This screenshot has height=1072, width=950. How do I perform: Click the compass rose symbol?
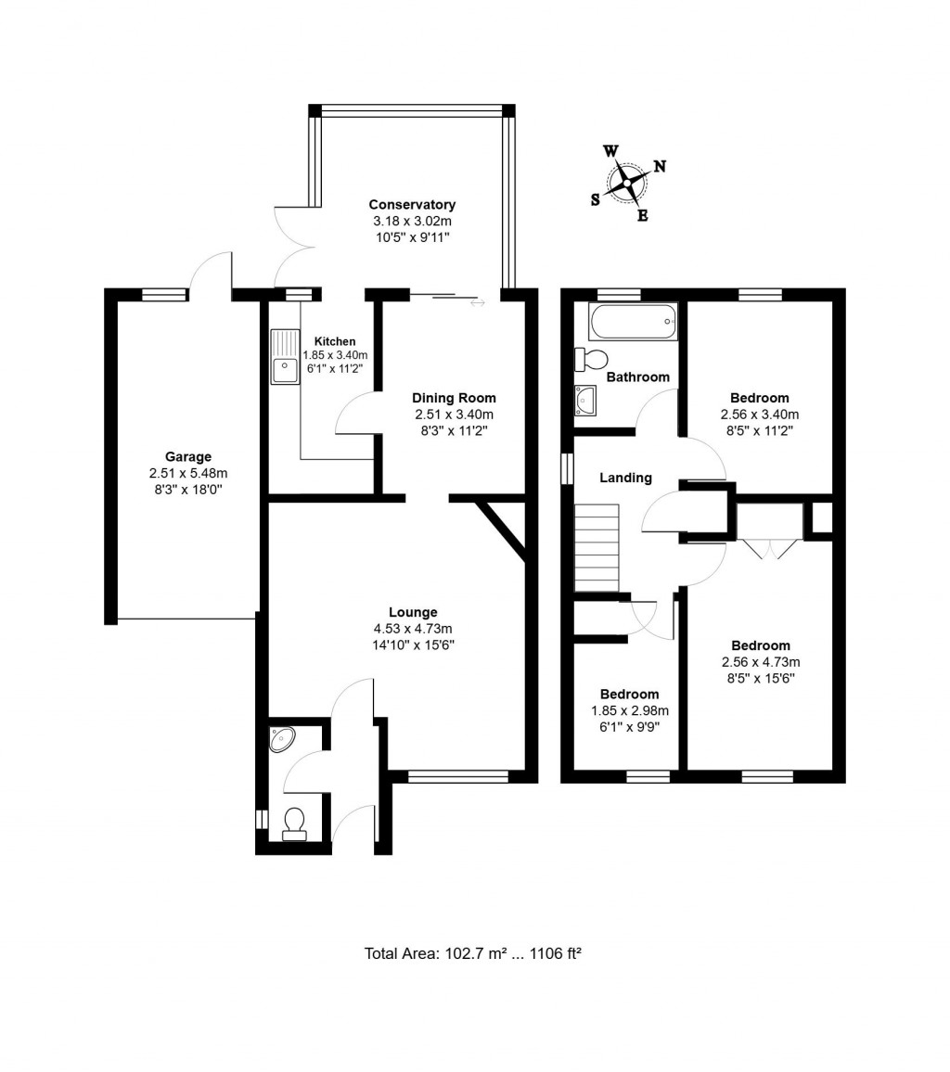[628, 182]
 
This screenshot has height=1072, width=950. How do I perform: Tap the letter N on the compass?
[660, 167]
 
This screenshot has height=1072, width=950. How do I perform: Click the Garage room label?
[188, 456]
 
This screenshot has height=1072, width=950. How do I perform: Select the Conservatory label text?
[412, 205]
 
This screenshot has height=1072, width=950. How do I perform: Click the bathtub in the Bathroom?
[633, 321]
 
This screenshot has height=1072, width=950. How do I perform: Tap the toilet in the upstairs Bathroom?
[591, 359]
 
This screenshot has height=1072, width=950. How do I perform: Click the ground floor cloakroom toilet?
[294, 823]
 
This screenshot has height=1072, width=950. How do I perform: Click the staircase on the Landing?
[596, 547]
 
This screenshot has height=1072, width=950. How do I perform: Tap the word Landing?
[625, 478]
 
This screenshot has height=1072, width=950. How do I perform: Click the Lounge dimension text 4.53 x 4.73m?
[413, 629]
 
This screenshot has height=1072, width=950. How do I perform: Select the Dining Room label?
[454, 398]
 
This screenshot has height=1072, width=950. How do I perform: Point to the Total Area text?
[472, 953]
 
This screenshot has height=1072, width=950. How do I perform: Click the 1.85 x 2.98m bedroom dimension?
[629, 710]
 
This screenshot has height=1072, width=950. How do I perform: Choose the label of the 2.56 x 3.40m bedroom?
[759, 398]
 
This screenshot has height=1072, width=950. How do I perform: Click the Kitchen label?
[334, 341]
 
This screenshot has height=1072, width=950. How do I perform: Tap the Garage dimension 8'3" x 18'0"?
[188, 490]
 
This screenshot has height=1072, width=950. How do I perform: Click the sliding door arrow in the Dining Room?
[477, 302]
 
